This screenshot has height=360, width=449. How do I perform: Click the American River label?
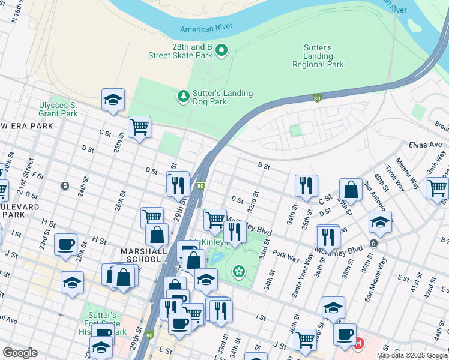[205, 29]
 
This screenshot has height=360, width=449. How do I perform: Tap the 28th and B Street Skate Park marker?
[221, 50]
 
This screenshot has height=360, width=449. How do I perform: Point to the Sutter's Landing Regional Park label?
[318, 56]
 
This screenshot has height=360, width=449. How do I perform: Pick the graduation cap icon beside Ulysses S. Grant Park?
[113, 100]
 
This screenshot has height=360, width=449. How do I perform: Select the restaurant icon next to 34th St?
[306, 185]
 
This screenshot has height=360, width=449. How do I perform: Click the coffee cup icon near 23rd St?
[65, 244]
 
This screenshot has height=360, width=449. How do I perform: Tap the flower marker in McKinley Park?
[238, 272]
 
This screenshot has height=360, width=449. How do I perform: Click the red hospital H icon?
[359, 343]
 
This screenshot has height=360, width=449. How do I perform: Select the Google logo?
[20, 353]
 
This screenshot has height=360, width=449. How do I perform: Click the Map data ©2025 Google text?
[412, 355]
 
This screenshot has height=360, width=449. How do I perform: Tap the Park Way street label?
[286, 257]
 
